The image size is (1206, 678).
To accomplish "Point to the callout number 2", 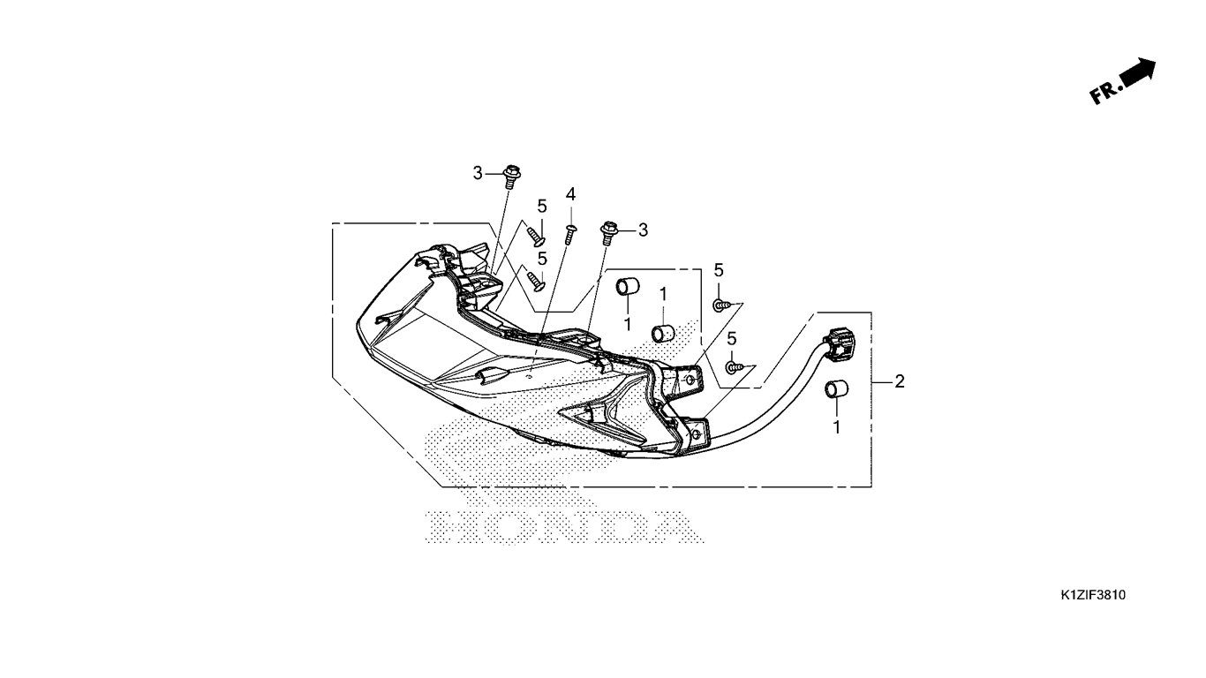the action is [899, 381].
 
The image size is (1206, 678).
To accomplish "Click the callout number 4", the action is [570, 194].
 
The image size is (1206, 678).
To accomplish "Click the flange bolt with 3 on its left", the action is [511, 177].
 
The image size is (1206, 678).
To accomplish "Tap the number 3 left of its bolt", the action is [478, 173].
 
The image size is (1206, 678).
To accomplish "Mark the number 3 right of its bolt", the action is [643, 230].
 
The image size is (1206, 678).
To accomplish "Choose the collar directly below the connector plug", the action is [836, 389].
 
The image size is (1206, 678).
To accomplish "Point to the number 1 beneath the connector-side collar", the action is [837, 427].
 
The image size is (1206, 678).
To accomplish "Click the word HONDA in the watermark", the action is [563, 526].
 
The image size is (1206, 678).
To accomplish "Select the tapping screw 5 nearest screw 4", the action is [536, 237].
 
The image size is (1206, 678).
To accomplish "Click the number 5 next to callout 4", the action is [541, 207].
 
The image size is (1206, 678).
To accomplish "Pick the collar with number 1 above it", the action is [663, 333].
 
